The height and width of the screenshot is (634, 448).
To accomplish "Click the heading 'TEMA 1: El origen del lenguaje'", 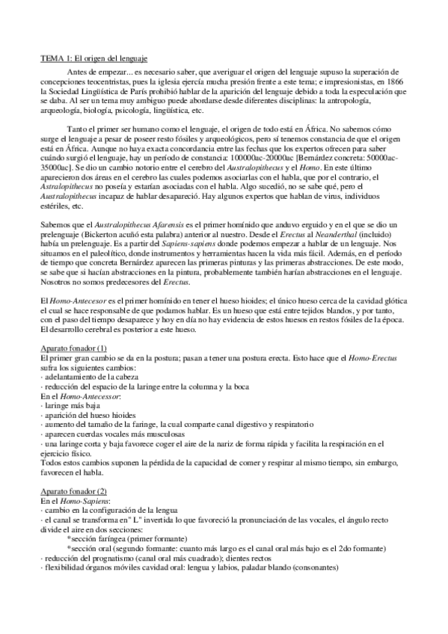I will [93, 58].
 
